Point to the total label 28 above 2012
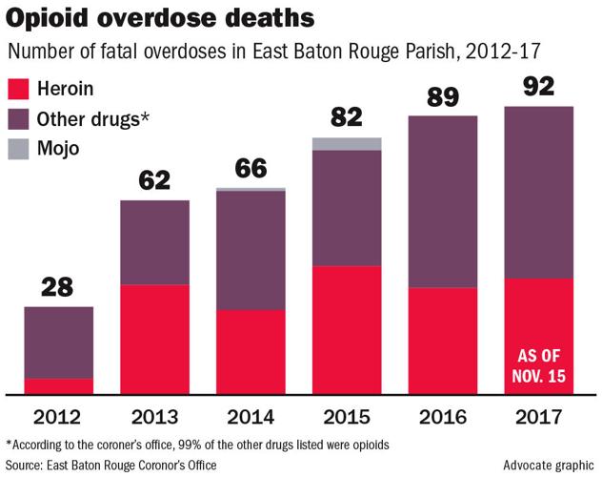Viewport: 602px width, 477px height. pos(58,287)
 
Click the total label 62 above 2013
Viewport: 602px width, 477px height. pos(154,179)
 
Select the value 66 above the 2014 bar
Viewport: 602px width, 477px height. pos(251,168)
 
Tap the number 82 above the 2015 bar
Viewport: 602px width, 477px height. pos(347,118)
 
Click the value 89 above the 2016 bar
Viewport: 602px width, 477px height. pos(443,95)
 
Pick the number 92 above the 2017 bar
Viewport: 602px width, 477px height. pos(539,87)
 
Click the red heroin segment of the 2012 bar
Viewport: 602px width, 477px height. pos(58,385)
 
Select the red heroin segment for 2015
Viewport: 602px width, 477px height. pos(347,329)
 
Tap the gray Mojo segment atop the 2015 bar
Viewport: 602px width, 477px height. pos(347,143)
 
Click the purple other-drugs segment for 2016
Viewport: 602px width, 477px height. pos(443,201)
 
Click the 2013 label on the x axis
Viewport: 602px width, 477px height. pos(154,416)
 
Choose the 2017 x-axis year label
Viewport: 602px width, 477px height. pos(539,416)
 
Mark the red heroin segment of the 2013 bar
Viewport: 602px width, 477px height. pos(154,339)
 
